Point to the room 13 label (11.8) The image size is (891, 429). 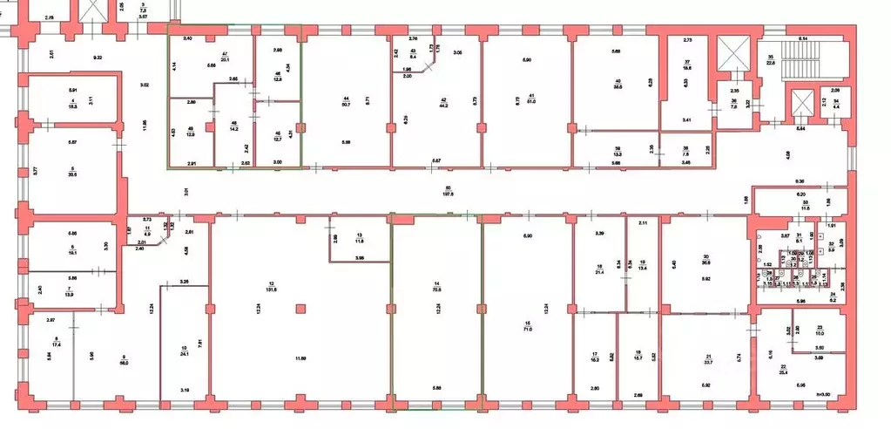coord(360,237)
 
